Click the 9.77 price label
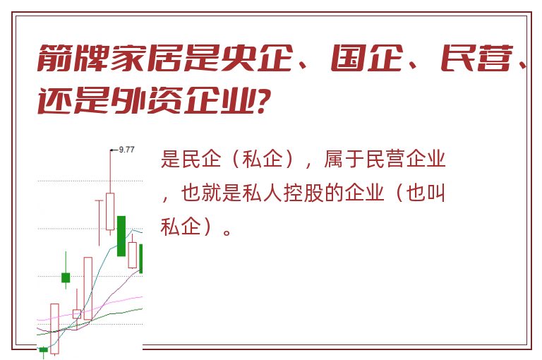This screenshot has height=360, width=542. (x=126, y=150)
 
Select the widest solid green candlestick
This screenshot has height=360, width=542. (x=121, y=236)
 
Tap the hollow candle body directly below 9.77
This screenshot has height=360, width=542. (x=110, y=211)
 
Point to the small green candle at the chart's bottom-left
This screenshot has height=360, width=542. (x=44, y=349)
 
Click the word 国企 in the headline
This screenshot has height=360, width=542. (x=366, y=58)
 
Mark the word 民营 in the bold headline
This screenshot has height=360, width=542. (x=476, y=58)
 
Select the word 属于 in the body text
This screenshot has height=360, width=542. (x=344, y=159)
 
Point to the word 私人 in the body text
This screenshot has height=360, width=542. (x=263, y=193)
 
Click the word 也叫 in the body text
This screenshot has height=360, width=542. (x=426, y=193)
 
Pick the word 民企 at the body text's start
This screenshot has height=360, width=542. (x=201, y=159)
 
